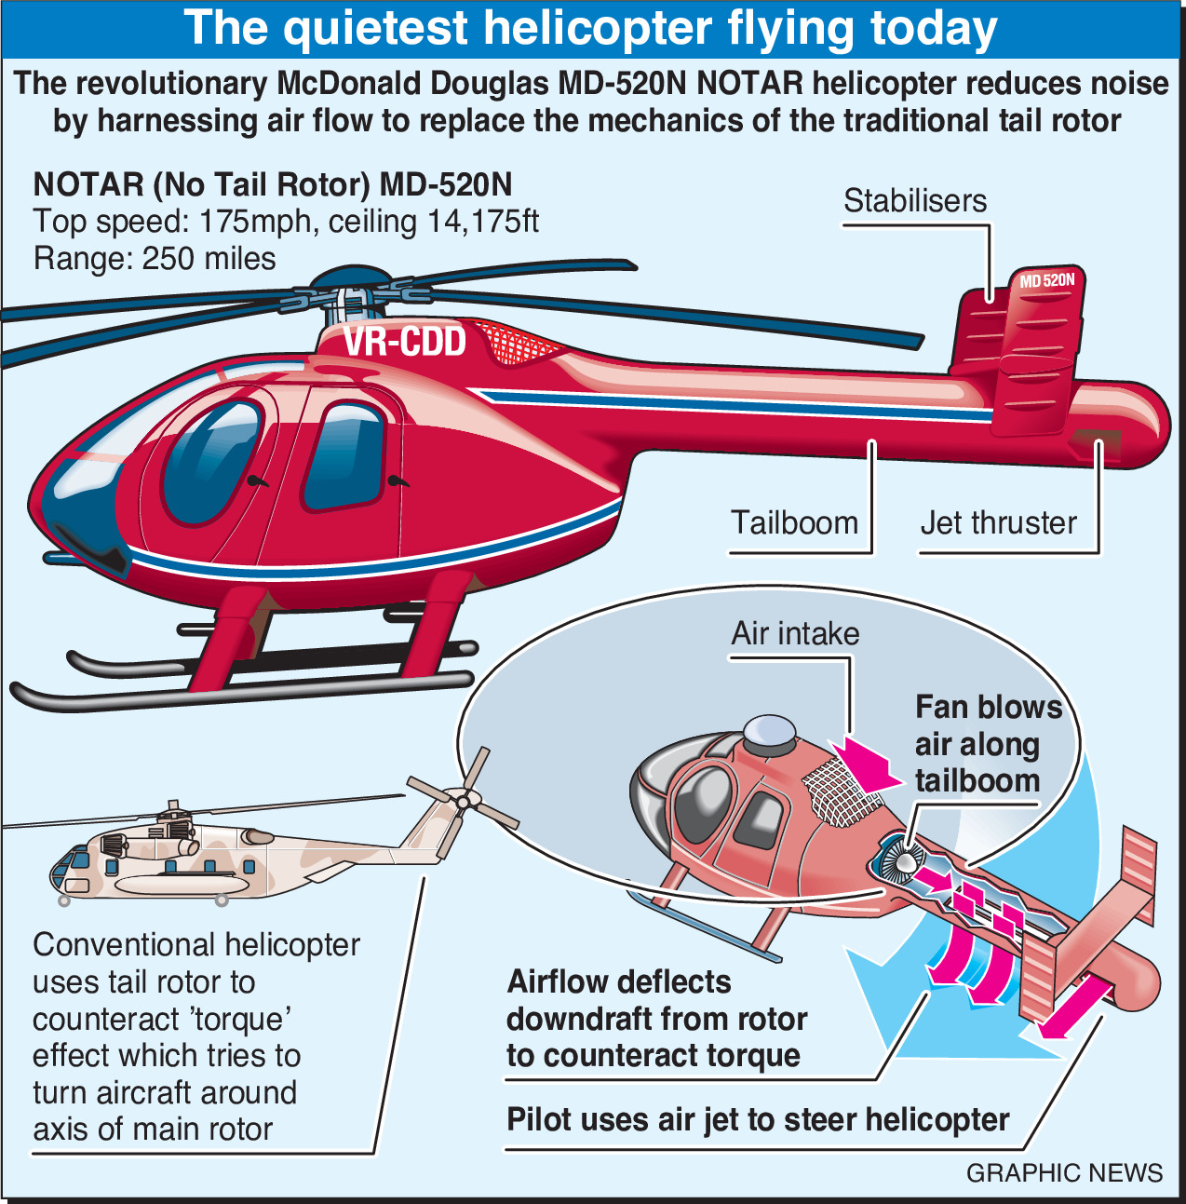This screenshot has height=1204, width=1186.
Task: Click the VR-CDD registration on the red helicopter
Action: click(x=404, y=341)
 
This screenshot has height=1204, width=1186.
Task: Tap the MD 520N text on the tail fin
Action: click(x=1047, y=280)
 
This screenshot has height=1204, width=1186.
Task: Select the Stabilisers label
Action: click(x=915, y=201)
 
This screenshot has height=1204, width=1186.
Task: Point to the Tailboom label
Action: click(x=794, y=522)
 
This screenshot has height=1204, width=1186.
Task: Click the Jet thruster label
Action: click(x=999, y=522)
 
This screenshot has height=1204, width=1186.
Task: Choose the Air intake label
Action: click(x=795, y=633)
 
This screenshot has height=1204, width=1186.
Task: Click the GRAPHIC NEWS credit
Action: click(x=1064, y=1172)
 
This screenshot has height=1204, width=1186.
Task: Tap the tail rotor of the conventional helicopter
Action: click(x=463, y=800)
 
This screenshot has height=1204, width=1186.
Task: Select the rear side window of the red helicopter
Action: click(x=344, y=455)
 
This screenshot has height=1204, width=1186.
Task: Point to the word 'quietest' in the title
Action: click(x=375, y=29)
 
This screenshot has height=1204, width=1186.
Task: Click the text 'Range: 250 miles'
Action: click(x=155, y=259)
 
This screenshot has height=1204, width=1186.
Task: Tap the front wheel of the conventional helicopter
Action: click(x=63, y=901)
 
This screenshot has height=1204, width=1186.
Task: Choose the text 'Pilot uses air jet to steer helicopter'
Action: click(x=758, y=1118)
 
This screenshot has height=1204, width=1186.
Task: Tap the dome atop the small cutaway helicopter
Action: click(x=769, y=730)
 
